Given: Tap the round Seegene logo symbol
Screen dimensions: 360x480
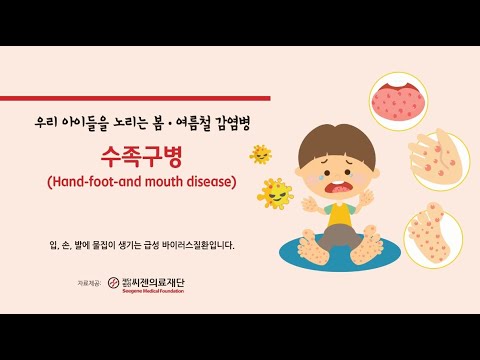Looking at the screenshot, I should click(114, 283).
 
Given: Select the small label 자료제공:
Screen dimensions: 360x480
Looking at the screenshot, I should click(91, 284).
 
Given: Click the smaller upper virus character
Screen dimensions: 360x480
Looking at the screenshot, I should click(261, 154).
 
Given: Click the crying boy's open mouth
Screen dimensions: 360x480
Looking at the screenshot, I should click(335, 185).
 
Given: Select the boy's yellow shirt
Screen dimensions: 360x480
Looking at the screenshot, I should click(339, 213).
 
